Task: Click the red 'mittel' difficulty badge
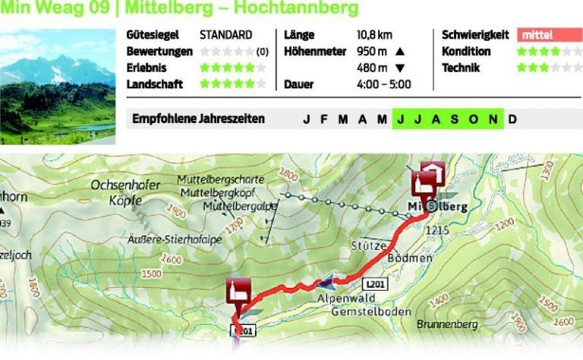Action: pyautogui.click(x=550, y=35)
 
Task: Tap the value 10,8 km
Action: pyautogui.click(x=374, y=35)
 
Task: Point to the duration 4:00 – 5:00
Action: pyautogui.click(x=383, y=84)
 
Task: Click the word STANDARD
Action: pyautogui.click(x=225, y=35)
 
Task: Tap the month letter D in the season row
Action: pyautogui.click(x=512, y=119)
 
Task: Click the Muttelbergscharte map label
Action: pyautogui.click(x=220, y=180)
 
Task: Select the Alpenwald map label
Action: pyautogui.click(x=342, y=298)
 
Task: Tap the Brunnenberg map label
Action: pyautogui.click(x=447, y=324)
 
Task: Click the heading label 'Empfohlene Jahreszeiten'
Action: pyautogui.click(x=198, y=119)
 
